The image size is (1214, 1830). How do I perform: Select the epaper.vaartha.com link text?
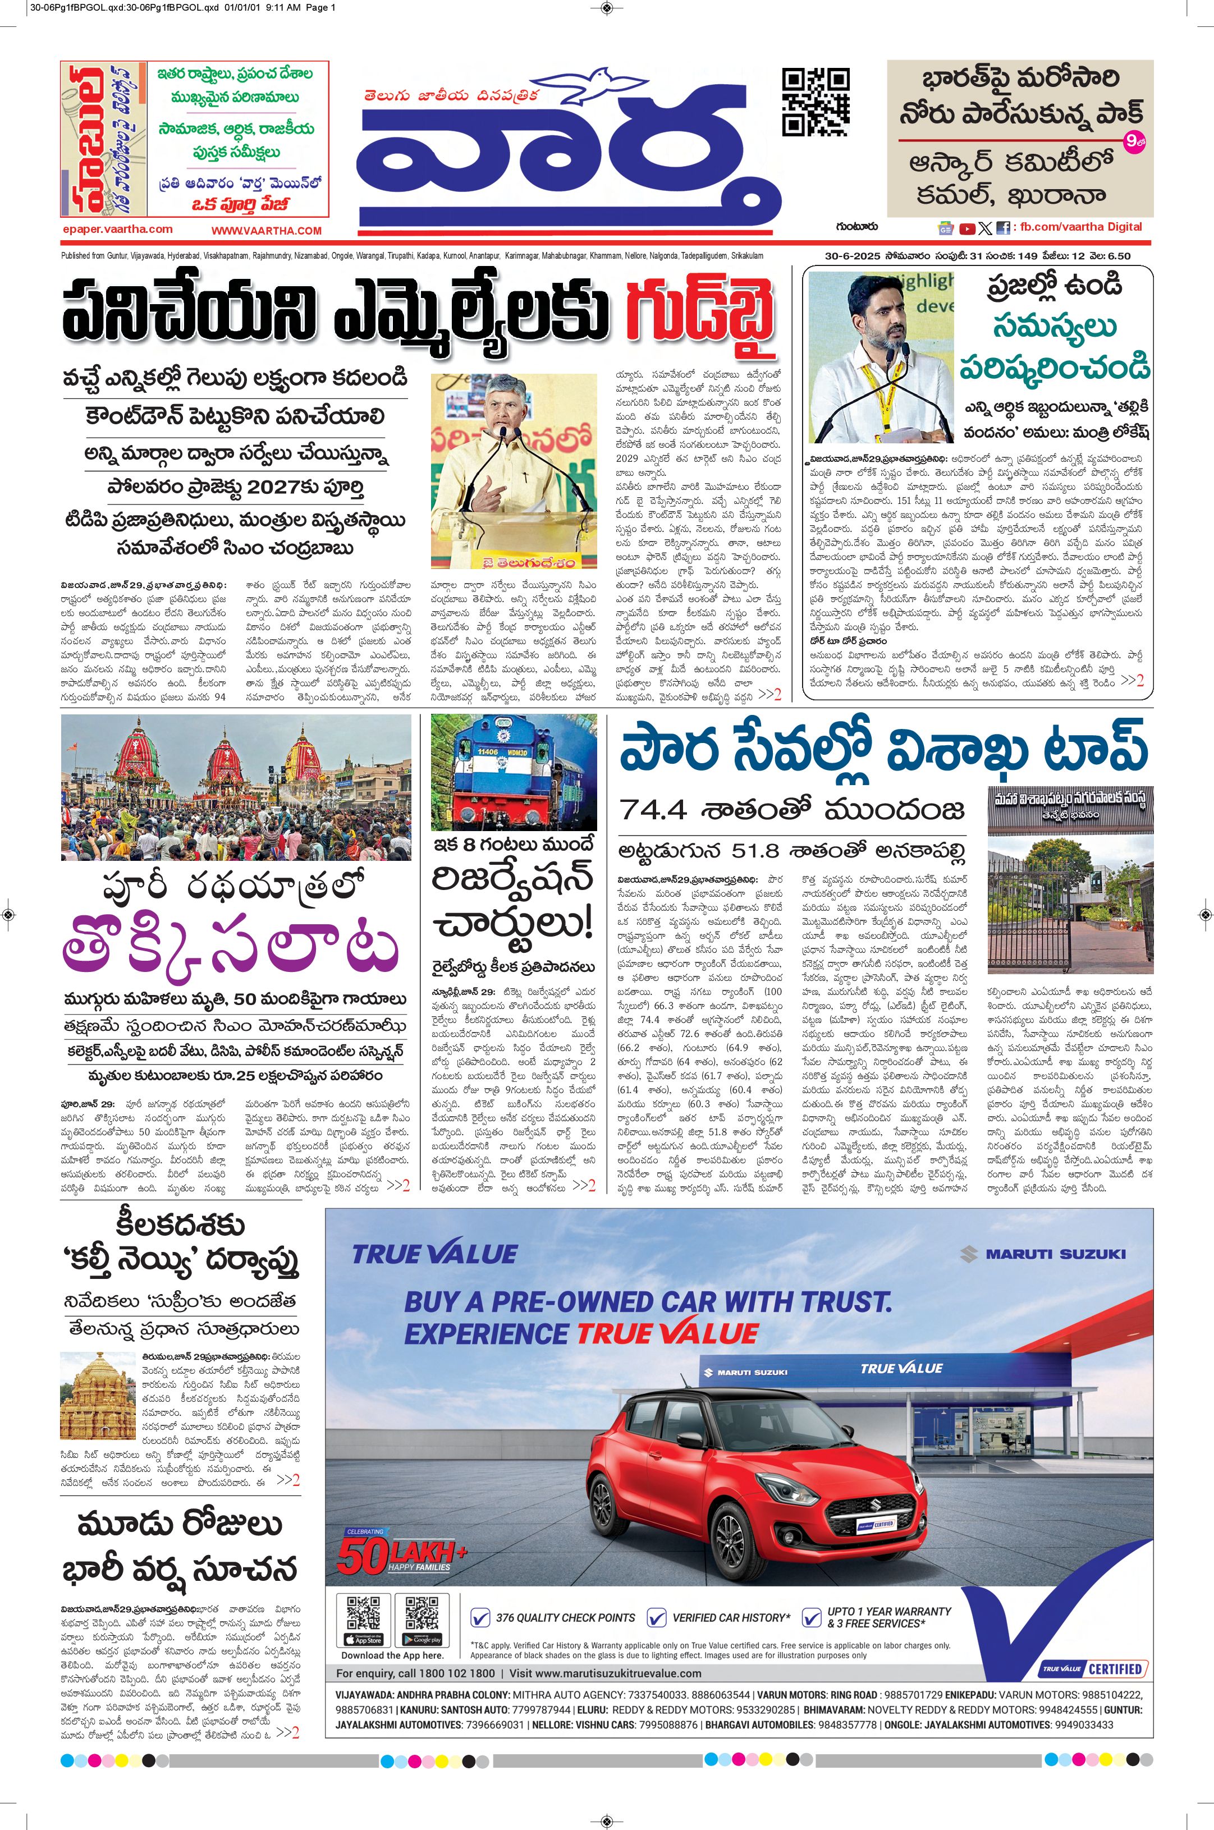pos(118,229)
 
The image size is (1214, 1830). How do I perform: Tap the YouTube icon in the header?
pos(967,228)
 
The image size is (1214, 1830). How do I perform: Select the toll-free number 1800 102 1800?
pos(455,1673)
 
